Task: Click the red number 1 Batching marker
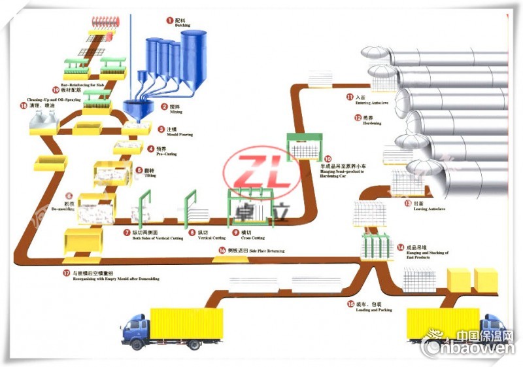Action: pyautogui.click(x=169, y=21)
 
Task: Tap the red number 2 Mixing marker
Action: pyautogui.click(x=165, y=106)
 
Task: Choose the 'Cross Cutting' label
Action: pyautogui.click(x=252, y=237)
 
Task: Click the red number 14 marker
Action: pyautogui.click(x=400, y=247)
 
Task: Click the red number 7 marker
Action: pyautogui.click(x=127, y=232)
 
